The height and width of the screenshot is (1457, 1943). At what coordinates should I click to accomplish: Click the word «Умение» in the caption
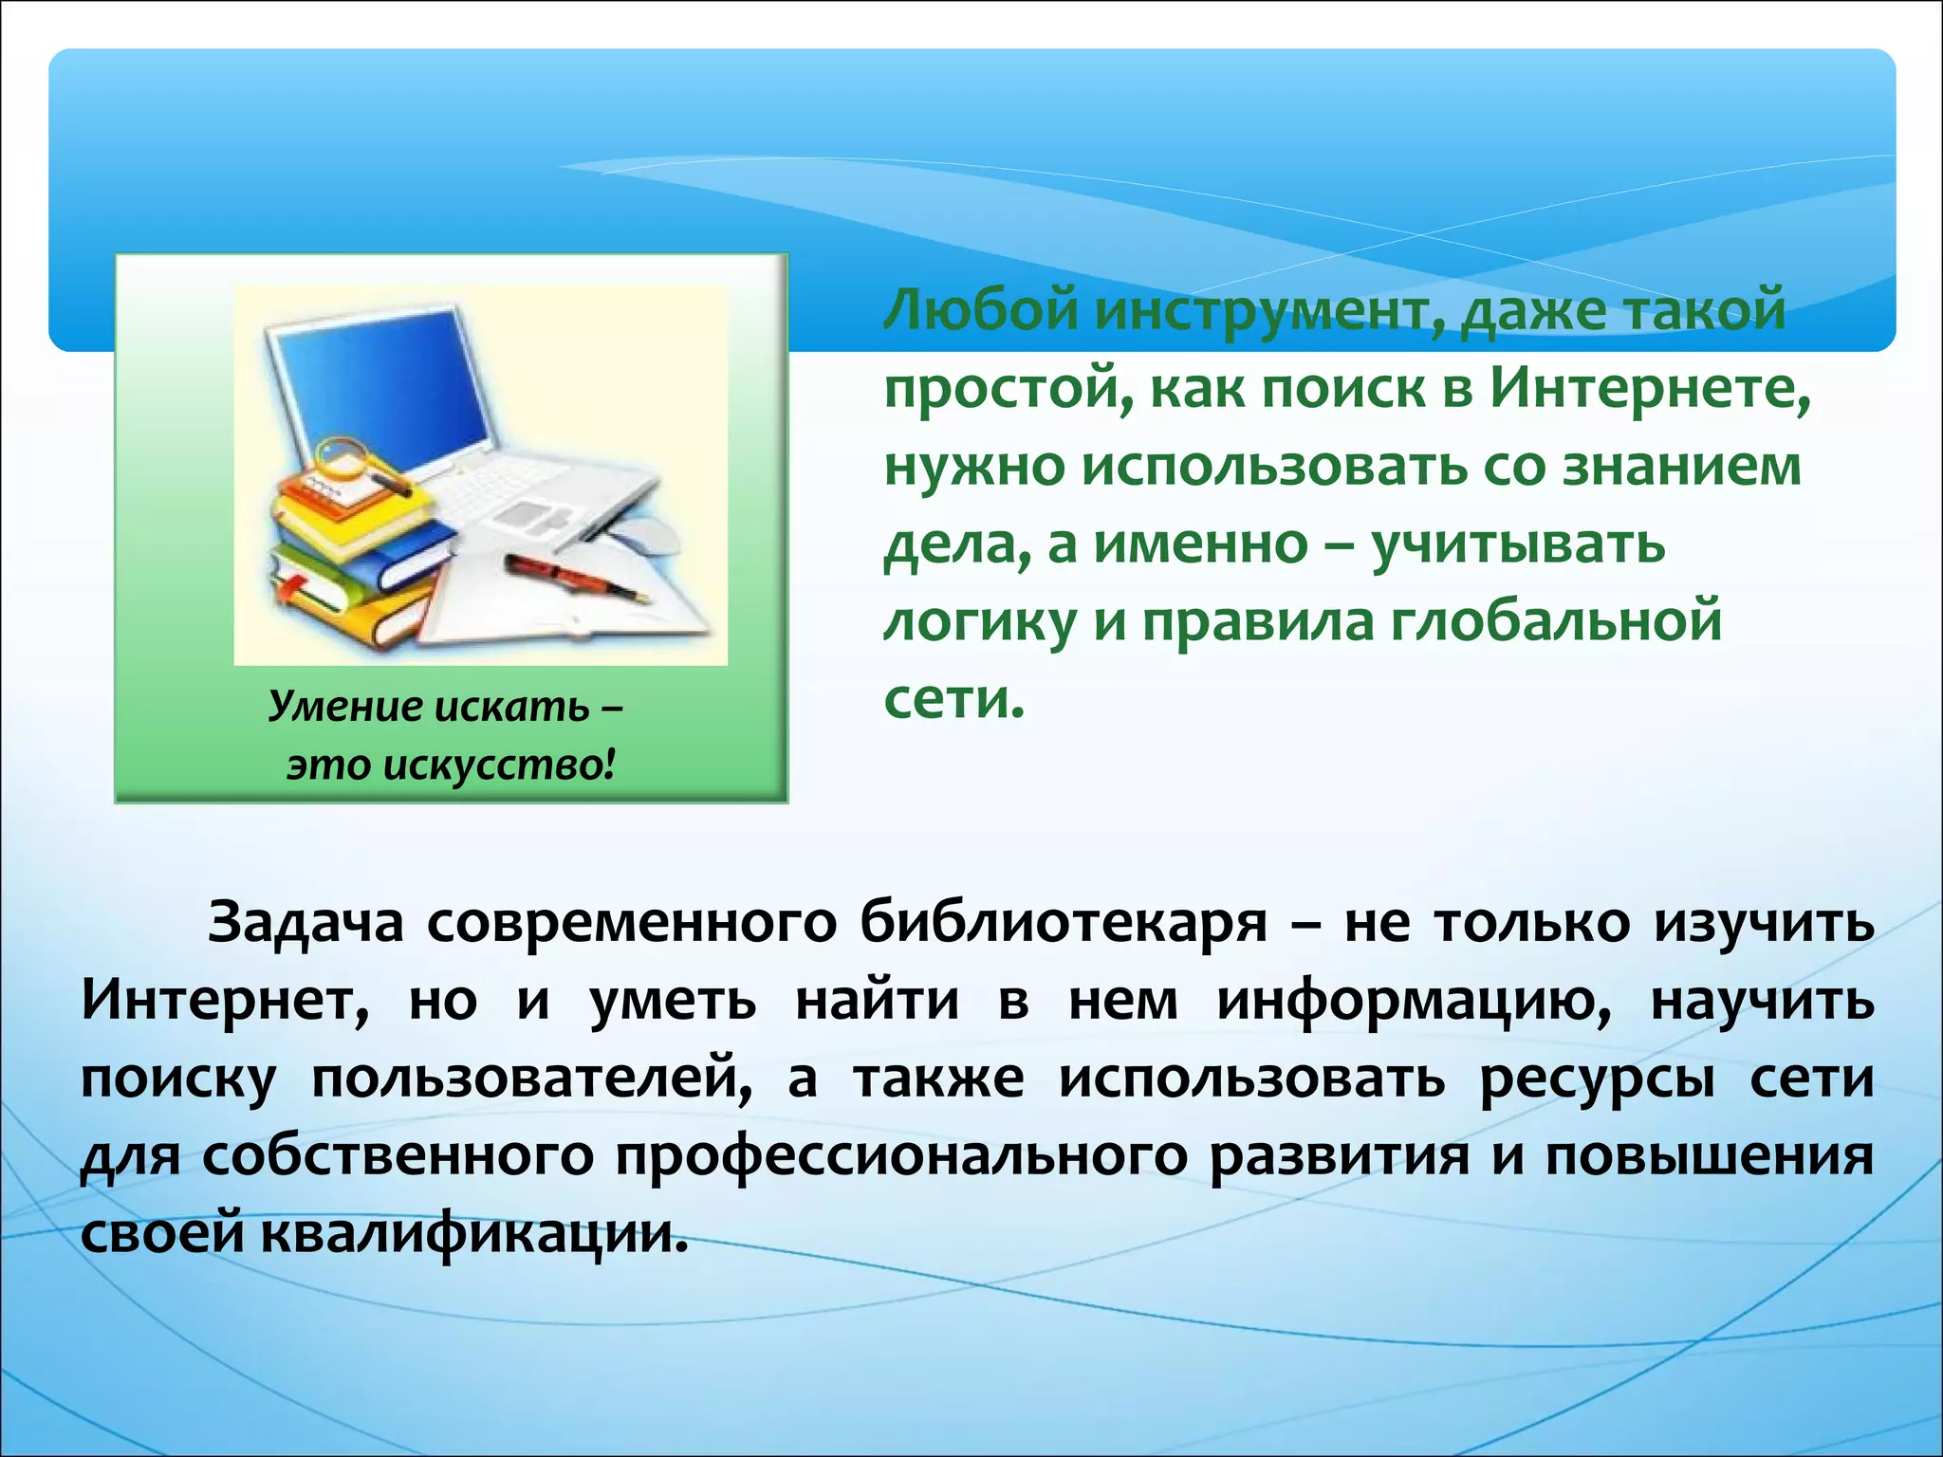(x=333, y=706)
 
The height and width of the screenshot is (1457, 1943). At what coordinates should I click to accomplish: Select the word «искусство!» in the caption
(x=499, y=765)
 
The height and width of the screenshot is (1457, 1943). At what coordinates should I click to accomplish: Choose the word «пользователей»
(x=531, y=1079)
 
